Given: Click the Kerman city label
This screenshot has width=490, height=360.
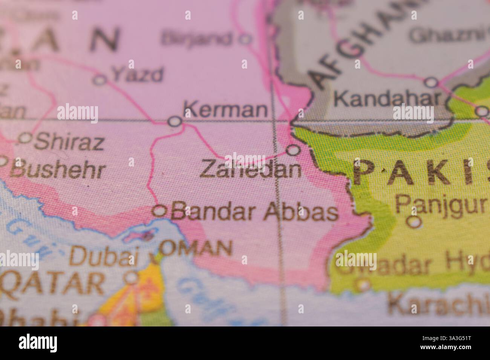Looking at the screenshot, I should tap(225, 110).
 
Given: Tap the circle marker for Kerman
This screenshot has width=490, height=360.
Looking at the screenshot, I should tap(174, 121).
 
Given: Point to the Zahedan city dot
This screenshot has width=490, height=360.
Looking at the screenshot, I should tap(293, 150).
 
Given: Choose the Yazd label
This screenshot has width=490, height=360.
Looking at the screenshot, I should tap(138, 75).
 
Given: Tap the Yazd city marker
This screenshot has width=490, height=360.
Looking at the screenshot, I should tap(100, 80).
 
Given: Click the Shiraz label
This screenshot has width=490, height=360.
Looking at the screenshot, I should tap(69, 142).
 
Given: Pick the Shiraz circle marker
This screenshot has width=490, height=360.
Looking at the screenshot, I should tap(25, 138).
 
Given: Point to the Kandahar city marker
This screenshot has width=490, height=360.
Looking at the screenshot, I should tap(432, 82).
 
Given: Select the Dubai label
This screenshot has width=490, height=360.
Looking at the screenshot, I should tap(102, 257).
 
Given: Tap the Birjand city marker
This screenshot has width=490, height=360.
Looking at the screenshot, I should tap(246, 38).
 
